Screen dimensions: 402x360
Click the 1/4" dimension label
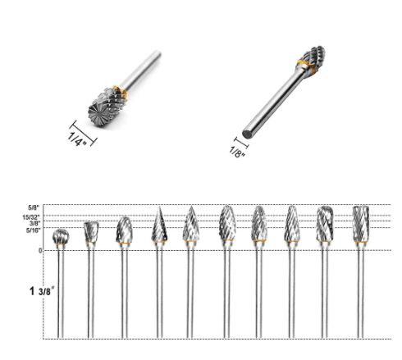[77, 139]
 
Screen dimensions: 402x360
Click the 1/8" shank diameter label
[237, 152]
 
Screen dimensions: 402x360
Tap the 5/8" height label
[34, 207]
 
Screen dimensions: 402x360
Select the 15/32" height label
[31, 217]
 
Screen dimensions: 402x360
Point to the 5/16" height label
[33, 230]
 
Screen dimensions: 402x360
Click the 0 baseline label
[40, 250]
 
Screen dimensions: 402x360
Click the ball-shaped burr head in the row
[61, 236]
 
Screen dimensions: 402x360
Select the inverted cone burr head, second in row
[91, 232]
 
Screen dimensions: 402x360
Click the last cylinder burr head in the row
[361, 224]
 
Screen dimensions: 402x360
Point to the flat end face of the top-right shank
[248, 134]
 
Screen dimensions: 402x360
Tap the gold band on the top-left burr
[121, 91]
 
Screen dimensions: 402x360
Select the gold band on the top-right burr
[306, 66]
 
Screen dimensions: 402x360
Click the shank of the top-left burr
[141, 70]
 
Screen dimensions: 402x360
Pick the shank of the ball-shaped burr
[61, 291]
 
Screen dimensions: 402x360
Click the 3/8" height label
[35, 224]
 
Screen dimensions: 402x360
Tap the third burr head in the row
[125, 230]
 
